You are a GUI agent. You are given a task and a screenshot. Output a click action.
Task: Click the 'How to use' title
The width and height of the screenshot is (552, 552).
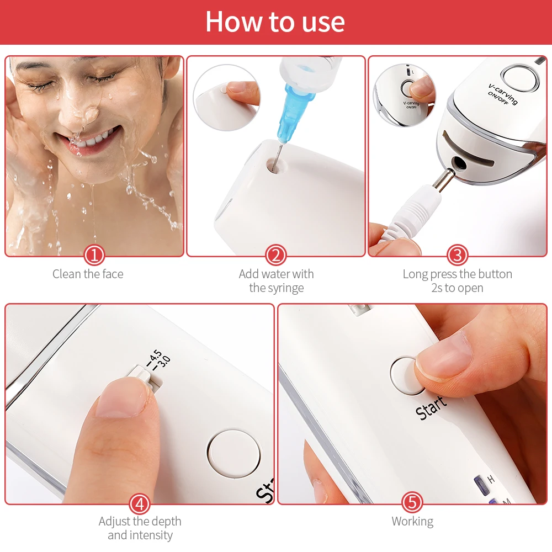(275, 22)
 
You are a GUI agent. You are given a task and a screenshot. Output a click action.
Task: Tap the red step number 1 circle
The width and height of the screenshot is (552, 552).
(94, 255)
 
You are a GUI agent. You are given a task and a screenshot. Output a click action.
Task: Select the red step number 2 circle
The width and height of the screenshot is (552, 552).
(276, 255)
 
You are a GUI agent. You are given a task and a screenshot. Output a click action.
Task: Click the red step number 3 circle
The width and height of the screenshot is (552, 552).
(457, 255)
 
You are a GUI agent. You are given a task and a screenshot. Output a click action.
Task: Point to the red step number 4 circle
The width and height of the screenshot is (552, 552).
(140, 503)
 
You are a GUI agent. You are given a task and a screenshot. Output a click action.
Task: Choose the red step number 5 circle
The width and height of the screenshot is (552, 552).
(412, 503)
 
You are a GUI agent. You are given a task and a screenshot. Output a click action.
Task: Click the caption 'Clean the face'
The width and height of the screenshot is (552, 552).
(88, 274)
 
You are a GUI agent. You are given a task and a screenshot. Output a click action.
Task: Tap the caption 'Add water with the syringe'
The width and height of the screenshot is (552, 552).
(276, 280)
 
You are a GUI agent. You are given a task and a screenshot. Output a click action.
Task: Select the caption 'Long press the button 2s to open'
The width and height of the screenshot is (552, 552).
(457, 280)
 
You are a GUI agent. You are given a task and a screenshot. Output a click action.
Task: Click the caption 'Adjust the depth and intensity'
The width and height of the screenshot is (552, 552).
(140, 528)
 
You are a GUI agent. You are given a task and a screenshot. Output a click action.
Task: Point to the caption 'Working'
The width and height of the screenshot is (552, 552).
(412, 521)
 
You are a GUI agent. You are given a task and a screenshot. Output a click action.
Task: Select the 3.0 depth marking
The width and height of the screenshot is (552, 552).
(164, 363)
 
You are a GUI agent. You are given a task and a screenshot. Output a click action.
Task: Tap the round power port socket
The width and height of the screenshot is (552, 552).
(458, 162)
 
